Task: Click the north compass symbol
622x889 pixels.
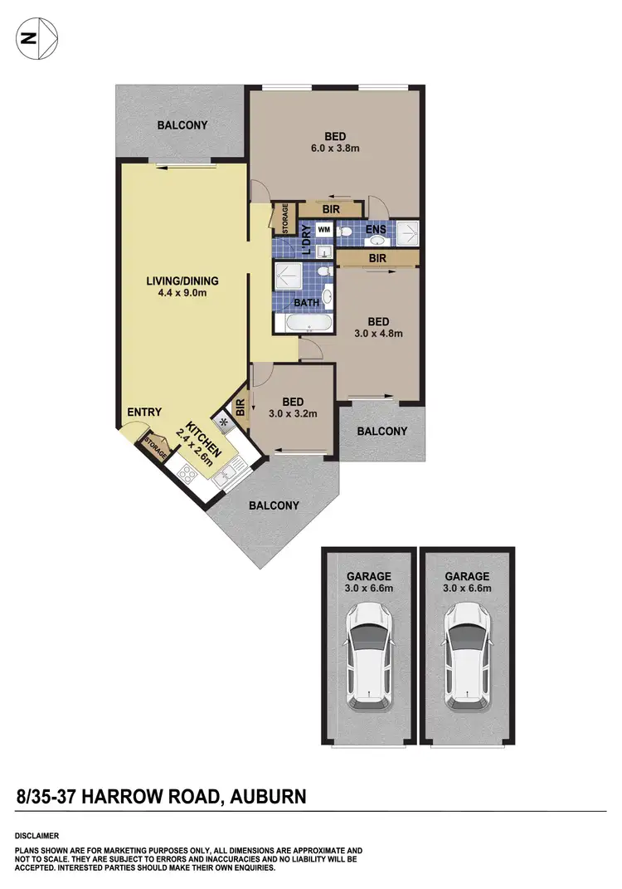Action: click(x=36, y=37)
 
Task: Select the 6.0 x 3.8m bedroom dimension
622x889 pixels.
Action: click(x=335, y=150)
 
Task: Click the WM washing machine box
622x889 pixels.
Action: click(x=324, y=228)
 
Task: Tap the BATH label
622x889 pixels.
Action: click(x=307, y=303)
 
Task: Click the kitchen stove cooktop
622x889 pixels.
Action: click(x=187, y=474)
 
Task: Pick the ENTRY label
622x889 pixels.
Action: click(x=144, y=413)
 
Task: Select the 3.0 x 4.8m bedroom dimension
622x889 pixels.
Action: click(x=378, y=335)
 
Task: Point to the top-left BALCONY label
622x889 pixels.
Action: click(x=182, y=125)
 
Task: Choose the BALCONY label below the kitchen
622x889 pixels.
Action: click(x=274, y=506)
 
